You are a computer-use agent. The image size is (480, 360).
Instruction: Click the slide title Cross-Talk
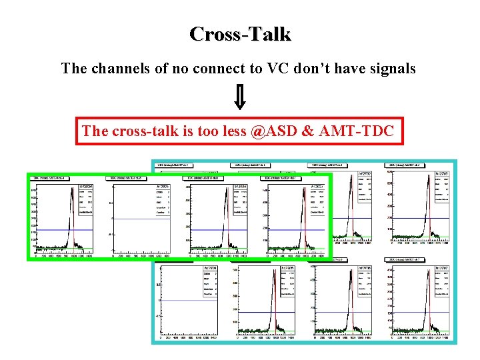tap(240, 34)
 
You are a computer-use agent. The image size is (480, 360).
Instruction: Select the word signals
tap(393, 68)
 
